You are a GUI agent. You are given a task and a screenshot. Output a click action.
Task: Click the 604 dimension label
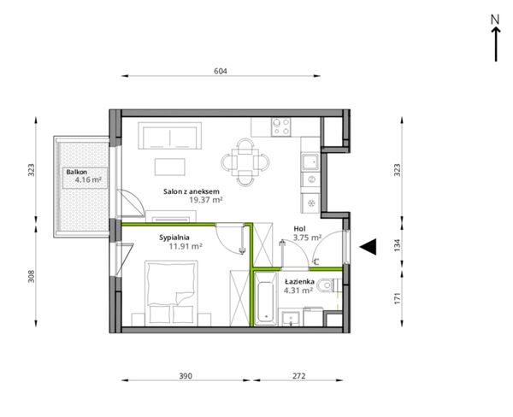[x=221, y=71]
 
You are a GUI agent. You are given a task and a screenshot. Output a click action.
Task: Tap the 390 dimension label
[x=186, y=376]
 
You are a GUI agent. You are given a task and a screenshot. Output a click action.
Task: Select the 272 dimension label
[x=298, y=376]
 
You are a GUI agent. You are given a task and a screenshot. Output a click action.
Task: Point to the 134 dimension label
[x=397, y=245]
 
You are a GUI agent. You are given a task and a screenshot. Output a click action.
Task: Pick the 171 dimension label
[x=397, y=299]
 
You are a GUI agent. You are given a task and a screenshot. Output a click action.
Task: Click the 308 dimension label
[x=31, y=276]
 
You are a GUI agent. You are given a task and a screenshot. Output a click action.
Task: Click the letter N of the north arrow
[x=495, y=20]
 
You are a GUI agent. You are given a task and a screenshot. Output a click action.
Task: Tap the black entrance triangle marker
[x=368, y=247]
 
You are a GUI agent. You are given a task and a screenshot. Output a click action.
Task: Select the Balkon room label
[x=77, y=172]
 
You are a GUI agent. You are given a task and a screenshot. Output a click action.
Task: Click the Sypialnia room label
[x=174, y=238]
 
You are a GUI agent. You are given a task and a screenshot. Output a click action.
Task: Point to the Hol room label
[x=299, y=229]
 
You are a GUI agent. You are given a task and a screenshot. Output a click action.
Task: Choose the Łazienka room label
[x=299, y=282]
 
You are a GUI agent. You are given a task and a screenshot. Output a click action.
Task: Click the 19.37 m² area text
[x=206, y=200]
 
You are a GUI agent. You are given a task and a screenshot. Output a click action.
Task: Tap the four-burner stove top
[x=281, y=127]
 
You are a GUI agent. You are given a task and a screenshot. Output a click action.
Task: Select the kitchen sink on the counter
[x=310, y=162]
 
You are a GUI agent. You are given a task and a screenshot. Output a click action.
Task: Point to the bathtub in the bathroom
[x=265, y=299]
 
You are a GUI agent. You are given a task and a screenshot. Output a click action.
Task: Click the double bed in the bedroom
[x=171, y=293]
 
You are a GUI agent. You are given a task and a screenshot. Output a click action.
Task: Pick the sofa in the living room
[x=169, y=136]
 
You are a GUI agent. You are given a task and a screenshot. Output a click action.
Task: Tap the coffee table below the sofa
[x=170, y=167]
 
